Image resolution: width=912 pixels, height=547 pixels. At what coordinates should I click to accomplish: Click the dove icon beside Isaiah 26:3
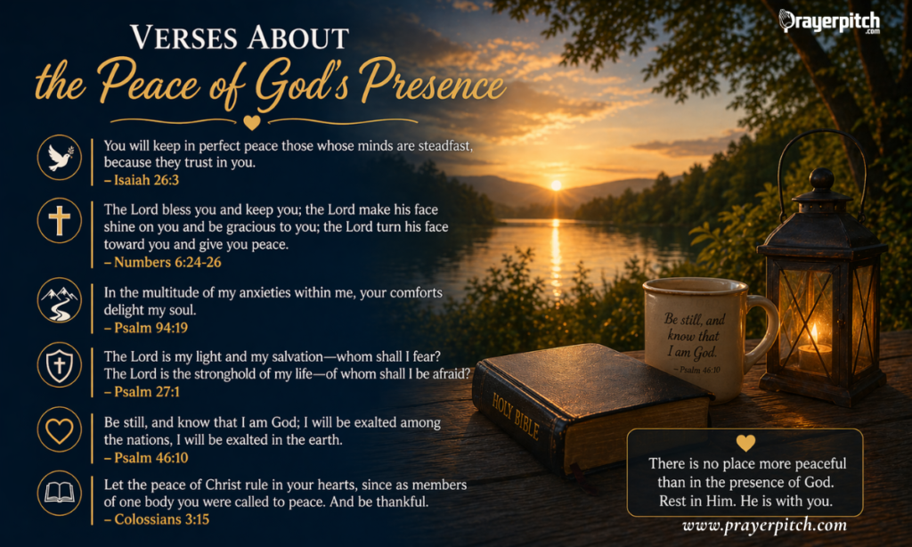[x=60, y=159]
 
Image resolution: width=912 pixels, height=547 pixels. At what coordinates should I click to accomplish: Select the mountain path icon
[x=60, y=300]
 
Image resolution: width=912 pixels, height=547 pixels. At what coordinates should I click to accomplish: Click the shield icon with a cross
[x=60, y=365]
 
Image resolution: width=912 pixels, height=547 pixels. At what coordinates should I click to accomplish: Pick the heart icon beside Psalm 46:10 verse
[x=60, y=431]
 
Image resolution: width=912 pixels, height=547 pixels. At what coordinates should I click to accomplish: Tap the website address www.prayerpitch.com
[x=764, y=526]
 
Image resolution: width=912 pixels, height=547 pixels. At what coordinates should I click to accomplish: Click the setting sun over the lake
[x=556, y=184]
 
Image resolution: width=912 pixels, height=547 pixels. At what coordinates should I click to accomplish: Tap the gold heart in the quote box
[x=745, y=443]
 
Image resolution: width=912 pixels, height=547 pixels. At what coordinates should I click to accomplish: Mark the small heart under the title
[x=253, y=122]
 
